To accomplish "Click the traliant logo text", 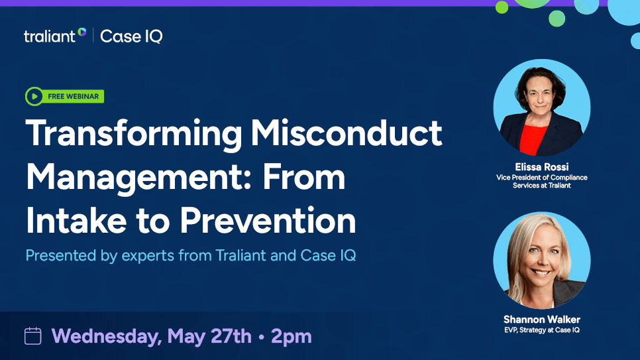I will (50, 36).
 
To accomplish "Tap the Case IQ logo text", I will (131, 36).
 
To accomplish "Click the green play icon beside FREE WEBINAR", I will (34, 97).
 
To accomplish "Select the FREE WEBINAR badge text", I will (73, 97).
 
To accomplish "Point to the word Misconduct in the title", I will (347, 134).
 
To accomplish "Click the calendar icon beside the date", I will (32, 336).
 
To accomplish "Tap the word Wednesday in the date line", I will (106, 336).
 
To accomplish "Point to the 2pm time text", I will (292, 336).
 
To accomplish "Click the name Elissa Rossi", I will (541, 167).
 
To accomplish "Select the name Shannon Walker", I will (541, 319).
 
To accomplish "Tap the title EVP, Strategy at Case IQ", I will (541, 330).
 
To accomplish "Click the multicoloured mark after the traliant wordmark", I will (82, 32).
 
